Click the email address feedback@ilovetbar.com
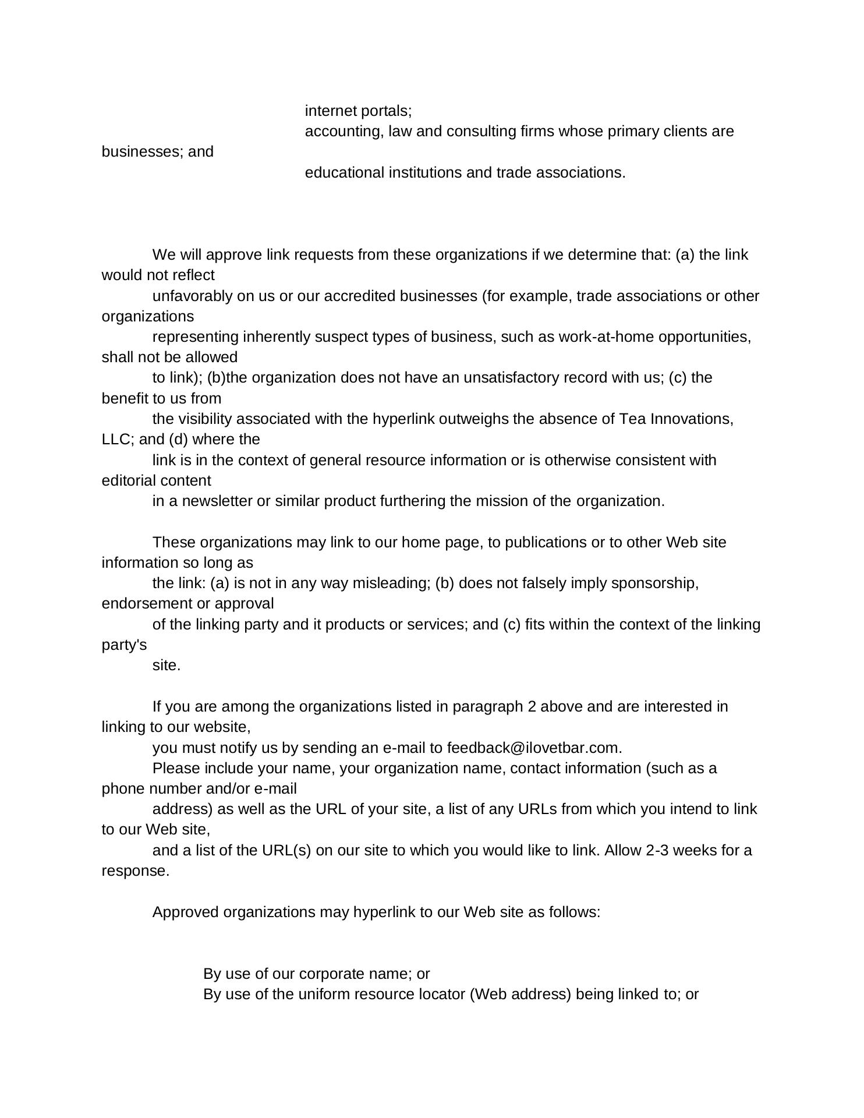pyautogui.click(x=533, y=748)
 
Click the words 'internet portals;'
pyautogui.click(x=358, y=111)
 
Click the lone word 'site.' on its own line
pyautogui.click(x=167, y=666)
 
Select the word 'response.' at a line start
pyautogui.click(x=136, y=871)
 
